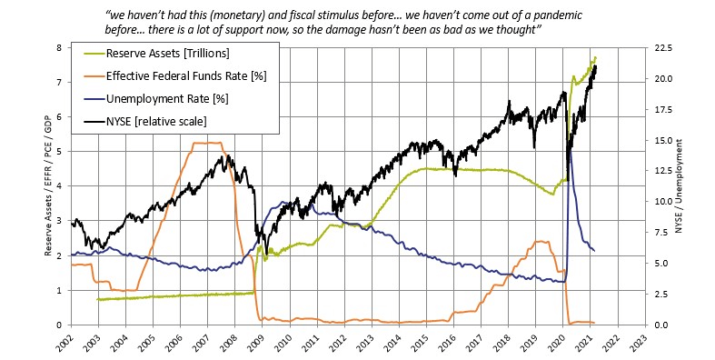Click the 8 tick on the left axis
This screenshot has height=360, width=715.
(60, 47)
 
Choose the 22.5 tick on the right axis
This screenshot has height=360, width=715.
(661, 47)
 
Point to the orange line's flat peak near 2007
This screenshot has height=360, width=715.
(209, 143)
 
